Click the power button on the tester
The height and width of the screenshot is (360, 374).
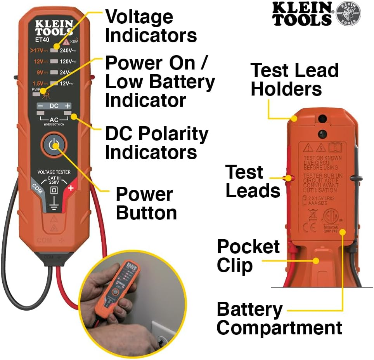tap(54, 145)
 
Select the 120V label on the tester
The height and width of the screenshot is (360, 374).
tap(68, 61)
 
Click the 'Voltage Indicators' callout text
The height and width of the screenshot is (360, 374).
tap(151, 26)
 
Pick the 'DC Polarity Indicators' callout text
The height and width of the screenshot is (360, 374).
tap(157, 143)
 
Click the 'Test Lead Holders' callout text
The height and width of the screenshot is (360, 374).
tap(294, 80)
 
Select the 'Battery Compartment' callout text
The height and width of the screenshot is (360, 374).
tap(279, 318)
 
